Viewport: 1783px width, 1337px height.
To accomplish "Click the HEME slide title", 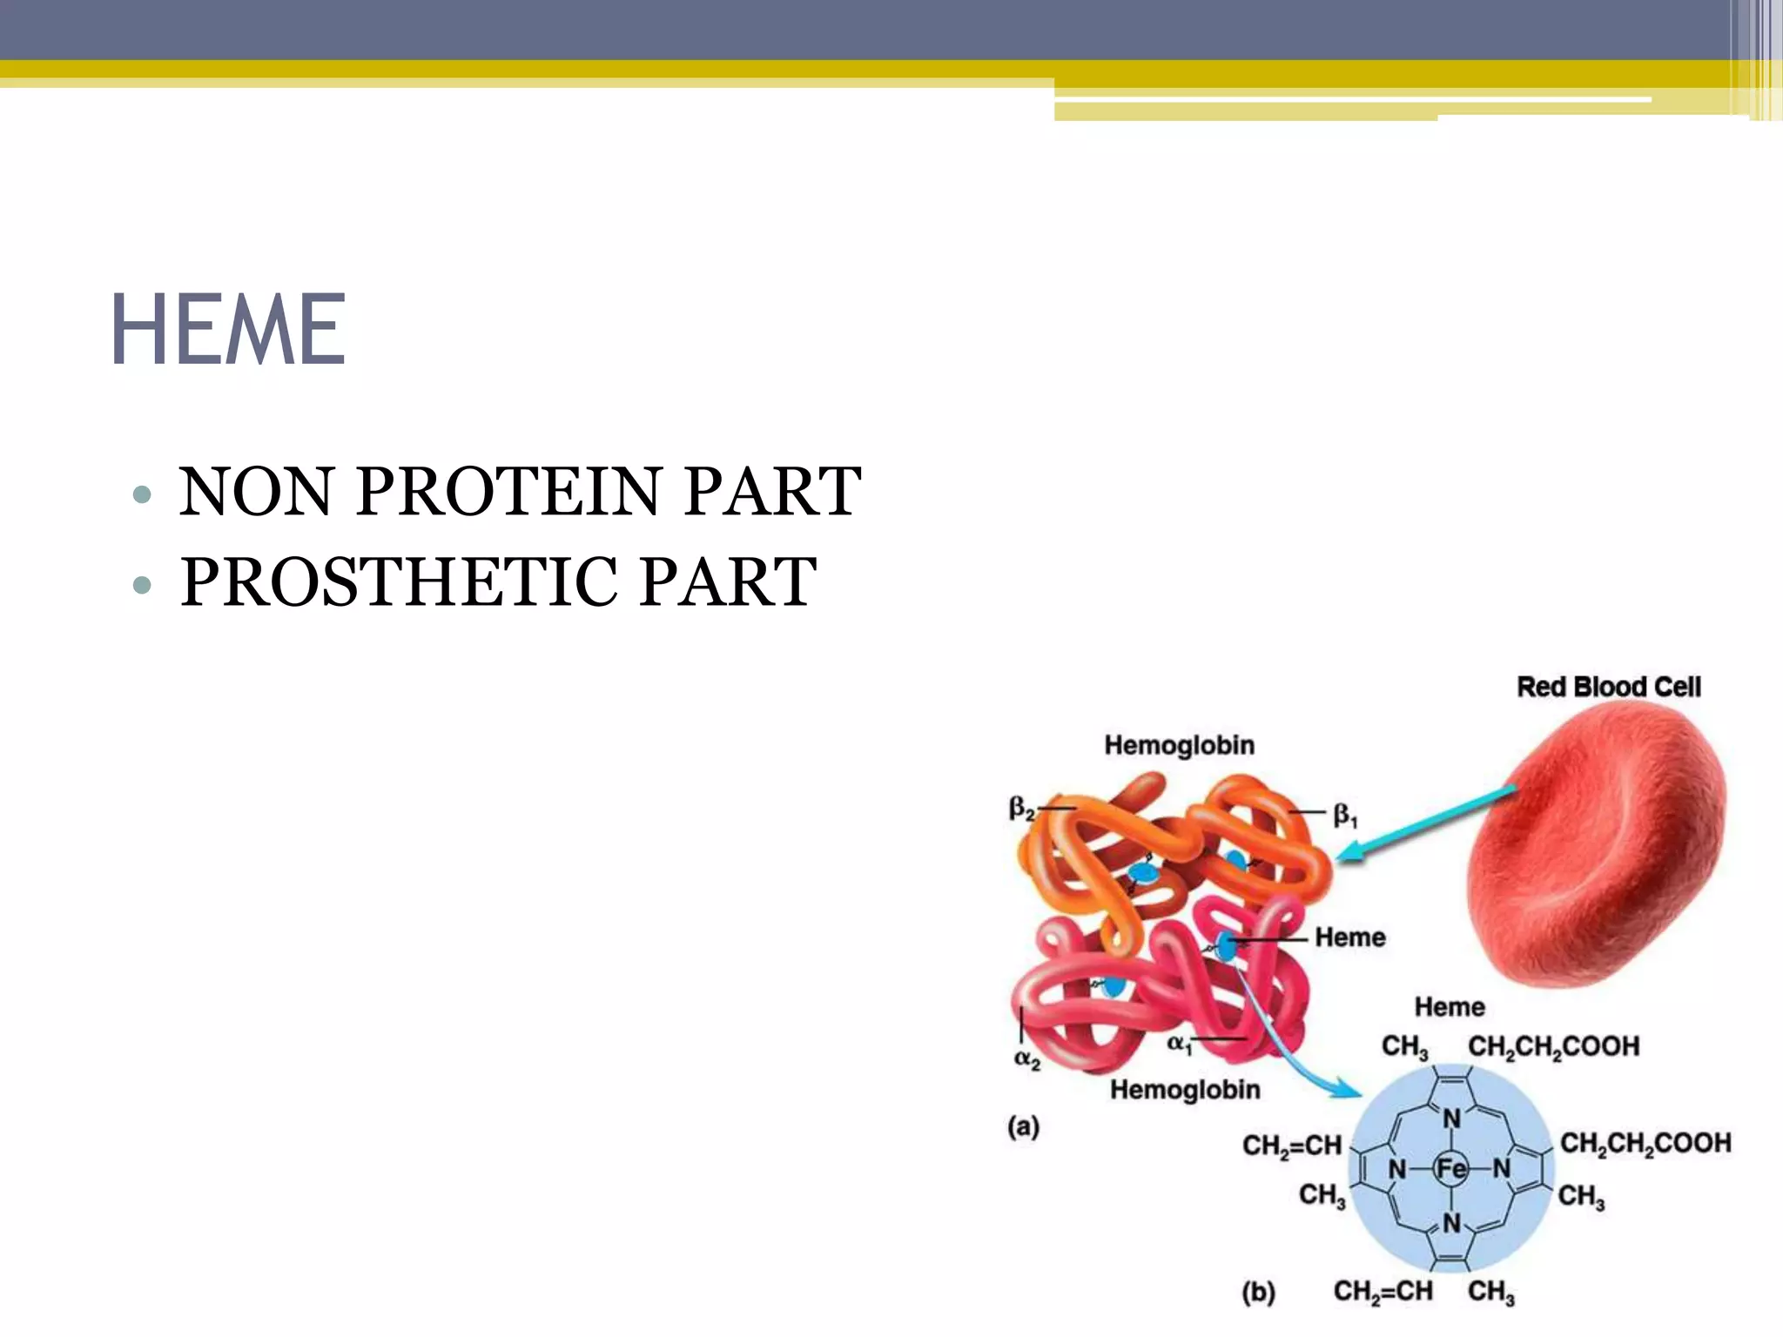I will [229, 330].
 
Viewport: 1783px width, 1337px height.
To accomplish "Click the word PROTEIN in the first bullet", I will [509, 492].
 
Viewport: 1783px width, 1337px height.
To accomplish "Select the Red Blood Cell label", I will [1608, 687].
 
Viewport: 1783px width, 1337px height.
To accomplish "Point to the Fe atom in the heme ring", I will [1450, 1168].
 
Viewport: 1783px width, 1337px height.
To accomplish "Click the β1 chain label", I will [1345, 816].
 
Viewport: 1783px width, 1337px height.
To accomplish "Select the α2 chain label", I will [1027, 1060].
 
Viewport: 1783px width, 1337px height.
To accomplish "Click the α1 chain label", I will [1180, 1044].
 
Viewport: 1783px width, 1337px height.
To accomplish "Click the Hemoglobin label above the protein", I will [1179, 745].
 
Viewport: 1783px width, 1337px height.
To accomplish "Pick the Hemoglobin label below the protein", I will [1184, 1090].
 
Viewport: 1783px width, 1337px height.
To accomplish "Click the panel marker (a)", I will [1023, 1126].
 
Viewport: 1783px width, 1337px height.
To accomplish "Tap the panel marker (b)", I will [1258, 1293].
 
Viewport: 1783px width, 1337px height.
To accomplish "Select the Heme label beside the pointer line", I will [1349, 937].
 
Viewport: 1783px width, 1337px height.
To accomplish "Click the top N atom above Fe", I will [1451, 1119].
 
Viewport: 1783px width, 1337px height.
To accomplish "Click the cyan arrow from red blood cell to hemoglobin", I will [1428, 823].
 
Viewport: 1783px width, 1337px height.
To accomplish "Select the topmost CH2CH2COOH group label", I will [1553, 1046].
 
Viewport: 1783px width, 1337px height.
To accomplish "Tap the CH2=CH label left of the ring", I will [1291, 1146].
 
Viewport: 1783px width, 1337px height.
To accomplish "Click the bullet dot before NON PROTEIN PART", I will [142, 495].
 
